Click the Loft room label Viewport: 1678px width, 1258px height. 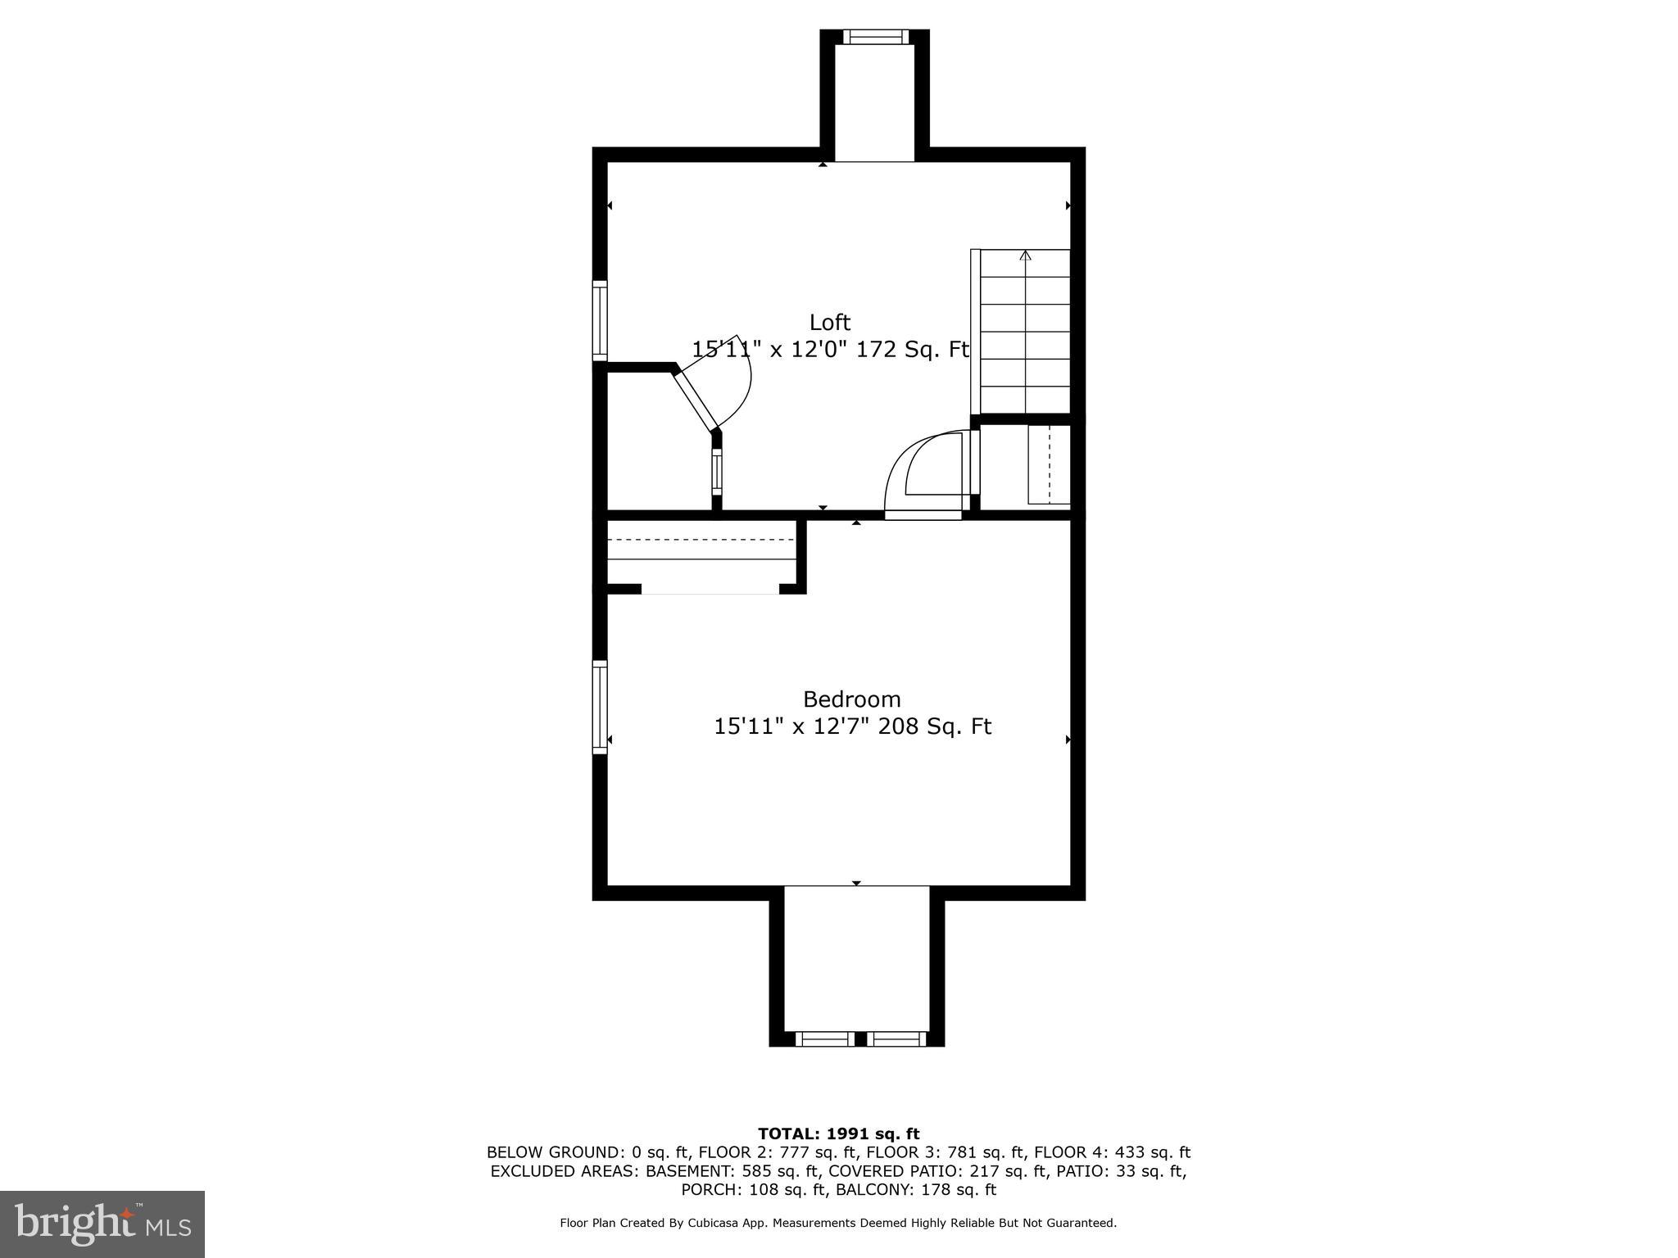[830, 322]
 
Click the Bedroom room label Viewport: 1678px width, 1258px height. [851, 699]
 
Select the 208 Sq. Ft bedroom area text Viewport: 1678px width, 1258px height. [935, 726]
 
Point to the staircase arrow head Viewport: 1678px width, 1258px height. [1025, 256]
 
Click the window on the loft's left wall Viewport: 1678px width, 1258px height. [600, 320]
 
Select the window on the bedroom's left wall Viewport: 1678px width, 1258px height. [600, 707]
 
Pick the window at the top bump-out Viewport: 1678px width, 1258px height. [875, 36]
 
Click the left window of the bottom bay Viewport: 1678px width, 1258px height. [824, 1039]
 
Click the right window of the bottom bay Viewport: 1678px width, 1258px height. [896, 1039]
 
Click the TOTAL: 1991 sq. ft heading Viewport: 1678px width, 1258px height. [838, 1134]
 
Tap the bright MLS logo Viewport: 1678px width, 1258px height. [102, 1224]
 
